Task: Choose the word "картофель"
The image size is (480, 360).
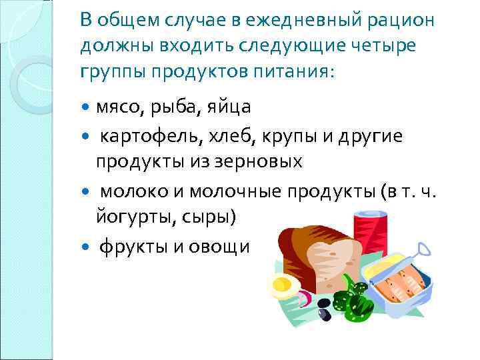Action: (145, 135)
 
